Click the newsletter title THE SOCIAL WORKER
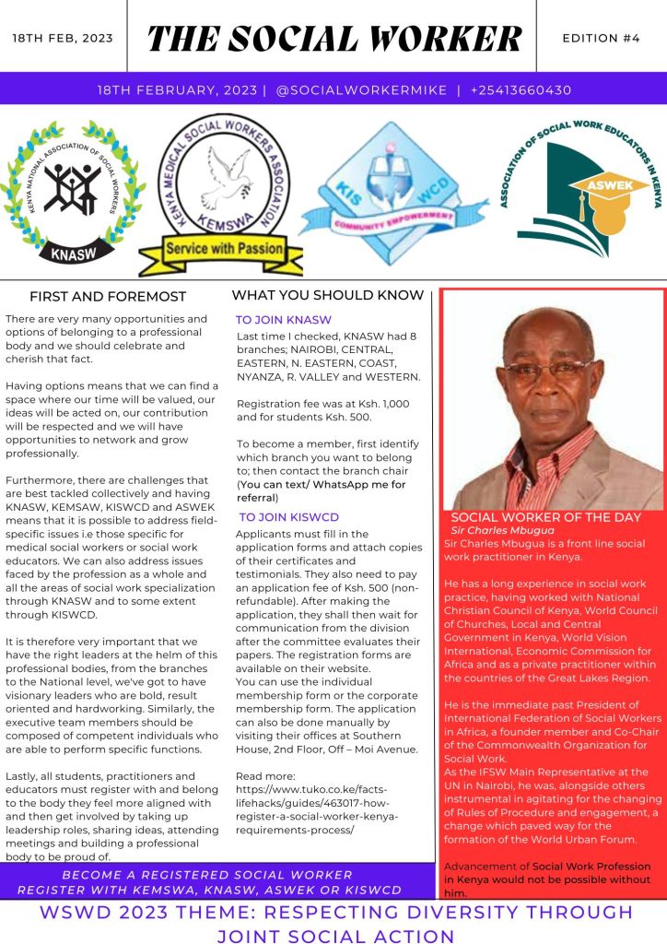point(334,39)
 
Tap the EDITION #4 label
point(602,38)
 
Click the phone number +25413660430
point(521,90)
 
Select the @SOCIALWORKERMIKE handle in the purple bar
point(361,90)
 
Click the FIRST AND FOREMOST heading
point(108,297)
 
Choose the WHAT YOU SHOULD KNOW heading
point(327,296)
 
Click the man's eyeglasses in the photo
point(548,366)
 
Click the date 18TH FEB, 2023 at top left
point(63,39)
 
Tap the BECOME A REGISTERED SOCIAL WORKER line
point(206,875)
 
